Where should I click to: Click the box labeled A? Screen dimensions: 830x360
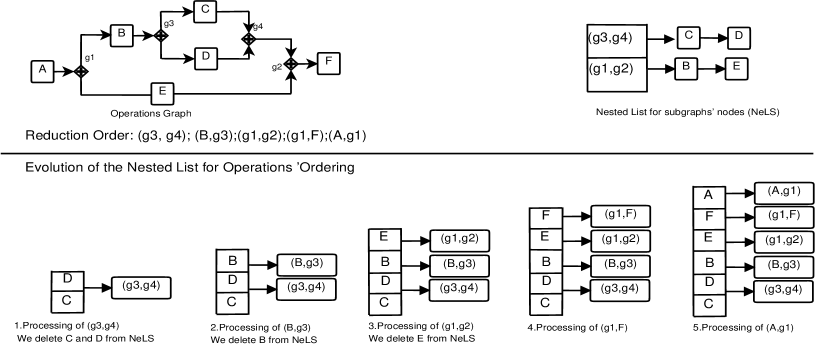coord(42,71)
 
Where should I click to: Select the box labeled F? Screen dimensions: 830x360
coord(329,63)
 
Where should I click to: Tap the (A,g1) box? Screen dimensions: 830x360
coord(783,191)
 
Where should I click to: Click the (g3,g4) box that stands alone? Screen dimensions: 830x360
coord(140,287)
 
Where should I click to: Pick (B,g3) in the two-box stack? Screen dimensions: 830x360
coord(306,264)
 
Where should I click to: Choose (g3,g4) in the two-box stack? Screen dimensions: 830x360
coord(306,288)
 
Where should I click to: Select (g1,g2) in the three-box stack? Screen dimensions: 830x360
coord(459,240)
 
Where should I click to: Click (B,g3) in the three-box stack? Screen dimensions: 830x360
coord(459,265)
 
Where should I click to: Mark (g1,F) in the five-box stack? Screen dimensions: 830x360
coord(783,216)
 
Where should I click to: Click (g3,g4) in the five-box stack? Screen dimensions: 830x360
coord(783,290)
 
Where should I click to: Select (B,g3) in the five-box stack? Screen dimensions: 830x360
coord(783,266)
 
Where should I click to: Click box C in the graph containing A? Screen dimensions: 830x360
coord(205,11)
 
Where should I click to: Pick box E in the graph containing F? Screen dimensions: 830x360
coord(162,93)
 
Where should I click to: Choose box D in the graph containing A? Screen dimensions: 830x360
coord(205,57)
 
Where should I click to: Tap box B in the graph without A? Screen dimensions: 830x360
coord(686,68)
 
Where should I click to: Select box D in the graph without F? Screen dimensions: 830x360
coord(738,38)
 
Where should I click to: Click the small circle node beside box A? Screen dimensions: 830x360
coord(81,71)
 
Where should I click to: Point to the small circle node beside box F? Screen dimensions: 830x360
coord(290,63)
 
